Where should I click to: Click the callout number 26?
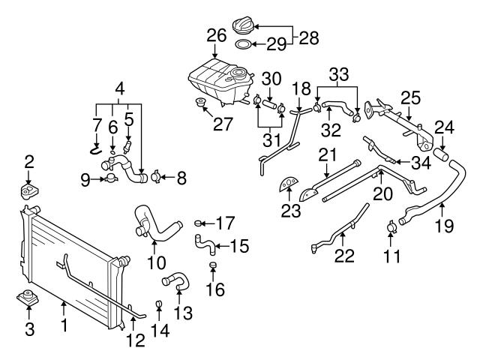(216, 34)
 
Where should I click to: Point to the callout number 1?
(64, 326)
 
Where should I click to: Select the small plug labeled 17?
(199, 223)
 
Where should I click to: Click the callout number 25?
(409, 97)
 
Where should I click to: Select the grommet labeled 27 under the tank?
(201, 102)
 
